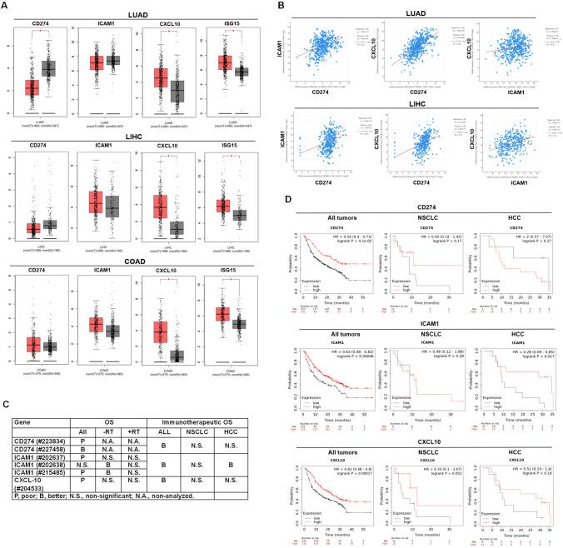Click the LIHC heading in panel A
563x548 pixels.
(x=137, y=137)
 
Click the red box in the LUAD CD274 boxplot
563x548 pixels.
(x=32, y=87)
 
